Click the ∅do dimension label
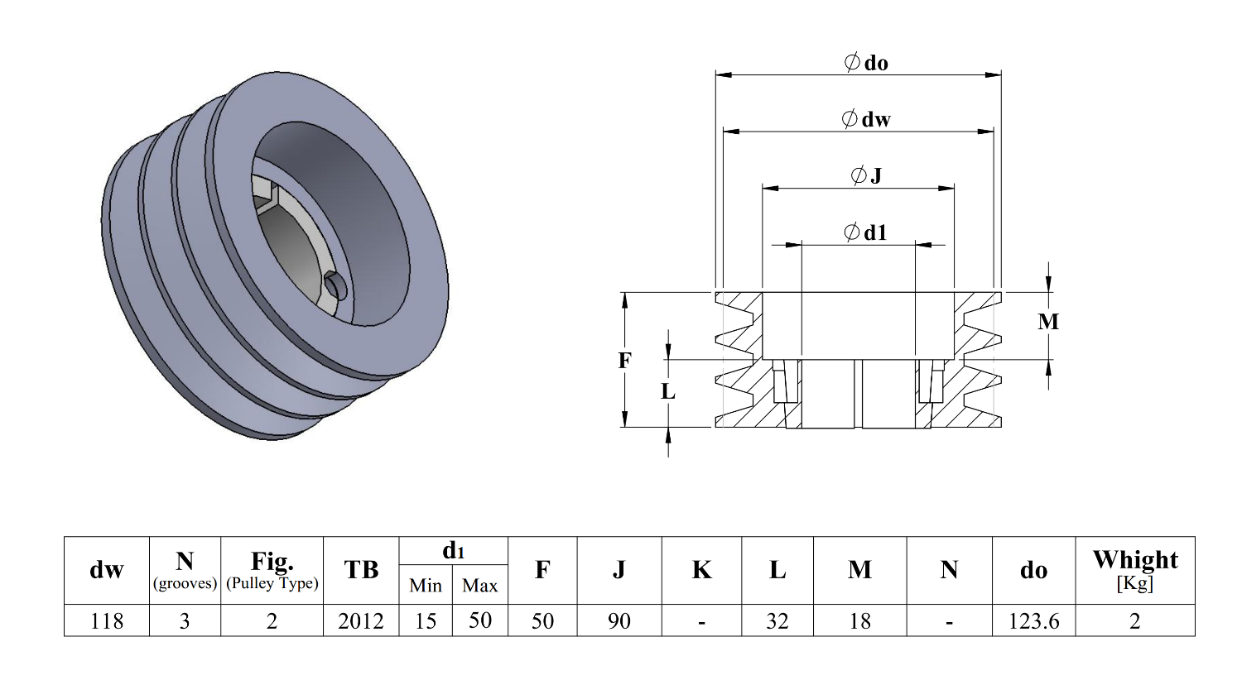click(x=865, y=63)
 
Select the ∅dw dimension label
click(x=866, y=119)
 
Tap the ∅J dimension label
click(x=866, y=175)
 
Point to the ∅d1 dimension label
click(x=865, y=232)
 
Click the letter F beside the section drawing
click(x=625, y=360)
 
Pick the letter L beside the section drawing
click(x=668, y=391)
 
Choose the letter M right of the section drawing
click(x=1048, y=322)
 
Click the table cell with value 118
click(x=107, y=620)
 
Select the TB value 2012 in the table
click(x=361, y=620)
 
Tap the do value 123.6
click(x=1033, y=620)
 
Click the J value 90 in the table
click(x=619, y=620)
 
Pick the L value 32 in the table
click(x=777, y=620)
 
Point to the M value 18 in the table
click(x=860, y=620)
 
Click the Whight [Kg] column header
click(x=1134, y=569)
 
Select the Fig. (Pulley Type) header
click(x=272, y=570)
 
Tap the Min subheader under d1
click(x=426, y=586)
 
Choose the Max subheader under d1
click(x=480, y=586)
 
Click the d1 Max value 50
click(x=480, y=620)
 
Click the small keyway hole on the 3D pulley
click(x=335, y=285)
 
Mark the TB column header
click(x=361, y=570)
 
